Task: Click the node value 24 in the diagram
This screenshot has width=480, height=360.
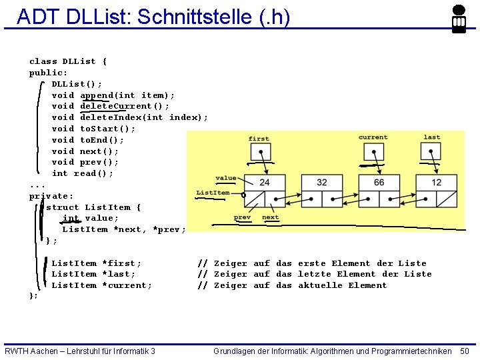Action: [x=265, y=182]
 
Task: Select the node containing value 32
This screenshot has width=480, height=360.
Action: [x=322, y=182]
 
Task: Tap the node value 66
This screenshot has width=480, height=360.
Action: [x=379, y=182]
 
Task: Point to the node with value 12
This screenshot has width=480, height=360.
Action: [x=437, y=182]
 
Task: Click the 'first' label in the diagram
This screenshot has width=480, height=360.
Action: [x=259, y=139]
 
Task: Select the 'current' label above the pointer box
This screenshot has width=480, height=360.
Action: [x=373, y=137]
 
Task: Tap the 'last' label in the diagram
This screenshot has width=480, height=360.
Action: [x=432, y=137]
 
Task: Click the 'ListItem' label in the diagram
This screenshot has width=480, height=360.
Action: [x=213, y=193]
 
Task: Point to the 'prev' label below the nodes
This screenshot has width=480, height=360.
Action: [x=242, y=217]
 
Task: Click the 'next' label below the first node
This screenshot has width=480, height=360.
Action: [x=271, y=217]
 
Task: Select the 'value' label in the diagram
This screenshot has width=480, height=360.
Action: [x=226, y=178]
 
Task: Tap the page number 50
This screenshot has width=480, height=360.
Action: [x=465, y=351]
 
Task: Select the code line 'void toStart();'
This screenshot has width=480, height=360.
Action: [x=93, y=129]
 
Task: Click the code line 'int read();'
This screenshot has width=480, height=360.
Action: [x=83, y=173]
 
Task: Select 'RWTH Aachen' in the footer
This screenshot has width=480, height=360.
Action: [x=33, y=351]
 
